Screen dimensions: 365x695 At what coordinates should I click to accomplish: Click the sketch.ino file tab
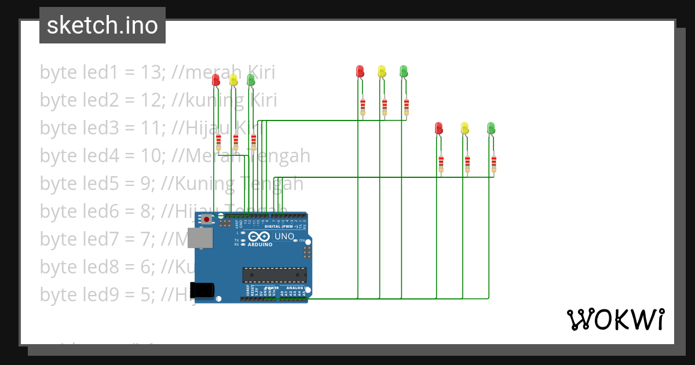click(103, 25)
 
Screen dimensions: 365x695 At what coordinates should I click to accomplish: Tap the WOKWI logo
click(615, 319)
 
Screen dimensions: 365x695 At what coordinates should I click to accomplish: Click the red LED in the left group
click(216, 79)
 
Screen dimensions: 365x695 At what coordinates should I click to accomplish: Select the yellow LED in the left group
click(233, 79)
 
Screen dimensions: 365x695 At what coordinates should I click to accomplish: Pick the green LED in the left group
click(251, 79)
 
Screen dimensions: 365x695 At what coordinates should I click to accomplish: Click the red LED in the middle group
click(360, 71)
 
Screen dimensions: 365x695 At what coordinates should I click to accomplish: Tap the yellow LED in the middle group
click(382, 71)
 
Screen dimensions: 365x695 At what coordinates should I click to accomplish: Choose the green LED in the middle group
click(404, 71)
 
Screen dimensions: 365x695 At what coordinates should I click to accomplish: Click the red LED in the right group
click(439, 127)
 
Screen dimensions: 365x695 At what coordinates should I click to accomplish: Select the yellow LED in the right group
click(464, 127)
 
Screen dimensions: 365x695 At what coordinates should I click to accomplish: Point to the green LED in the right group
click(491, 127)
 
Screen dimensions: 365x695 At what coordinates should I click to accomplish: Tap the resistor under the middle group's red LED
click(363, 106)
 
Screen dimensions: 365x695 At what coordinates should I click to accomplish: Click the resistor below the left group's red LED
click(218, 142)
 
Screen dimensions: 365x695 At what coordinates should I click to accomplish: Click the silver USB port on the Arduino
click(203, 238)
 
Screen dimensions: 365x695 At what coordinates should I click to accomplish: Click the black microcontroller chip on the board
click(274, 275)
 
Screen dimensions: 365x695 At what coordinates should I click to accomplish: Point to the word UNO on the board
click(284, 236)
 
